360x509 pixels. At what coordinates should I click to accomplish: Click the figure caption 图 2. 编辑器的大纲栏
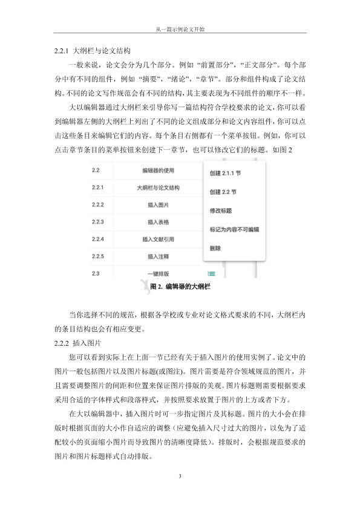180,287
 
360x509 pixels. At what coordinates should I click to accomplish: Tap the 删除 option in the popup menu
215,248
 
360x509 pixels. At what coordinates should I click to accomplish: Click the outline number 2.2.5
98,256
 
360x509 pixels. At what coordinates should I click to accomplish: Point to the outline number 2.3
96,274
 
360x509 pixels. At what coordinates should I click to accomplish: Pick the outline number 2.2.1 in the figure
98,187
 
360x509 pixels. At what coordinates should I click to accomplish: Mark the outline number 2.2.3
98,222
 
